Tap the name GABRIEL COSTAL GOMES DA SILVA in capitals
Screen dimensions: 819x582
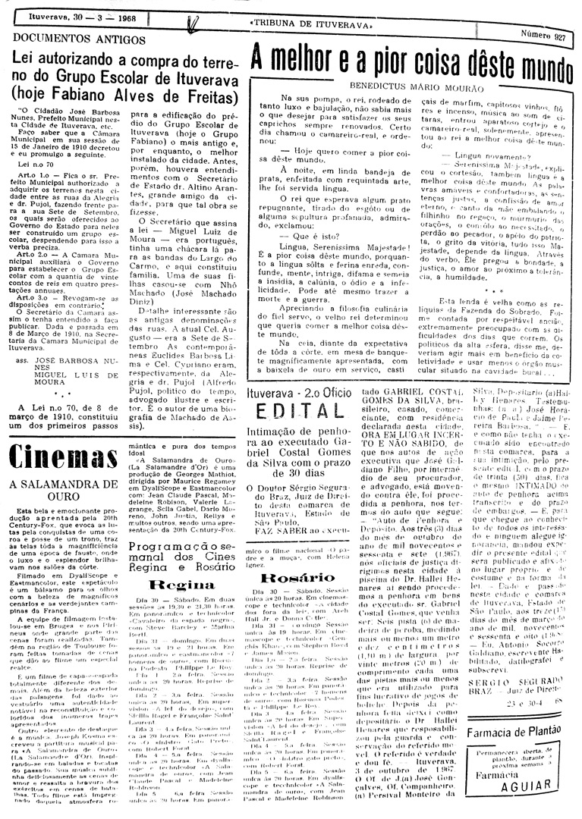[x=406, y=394]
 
